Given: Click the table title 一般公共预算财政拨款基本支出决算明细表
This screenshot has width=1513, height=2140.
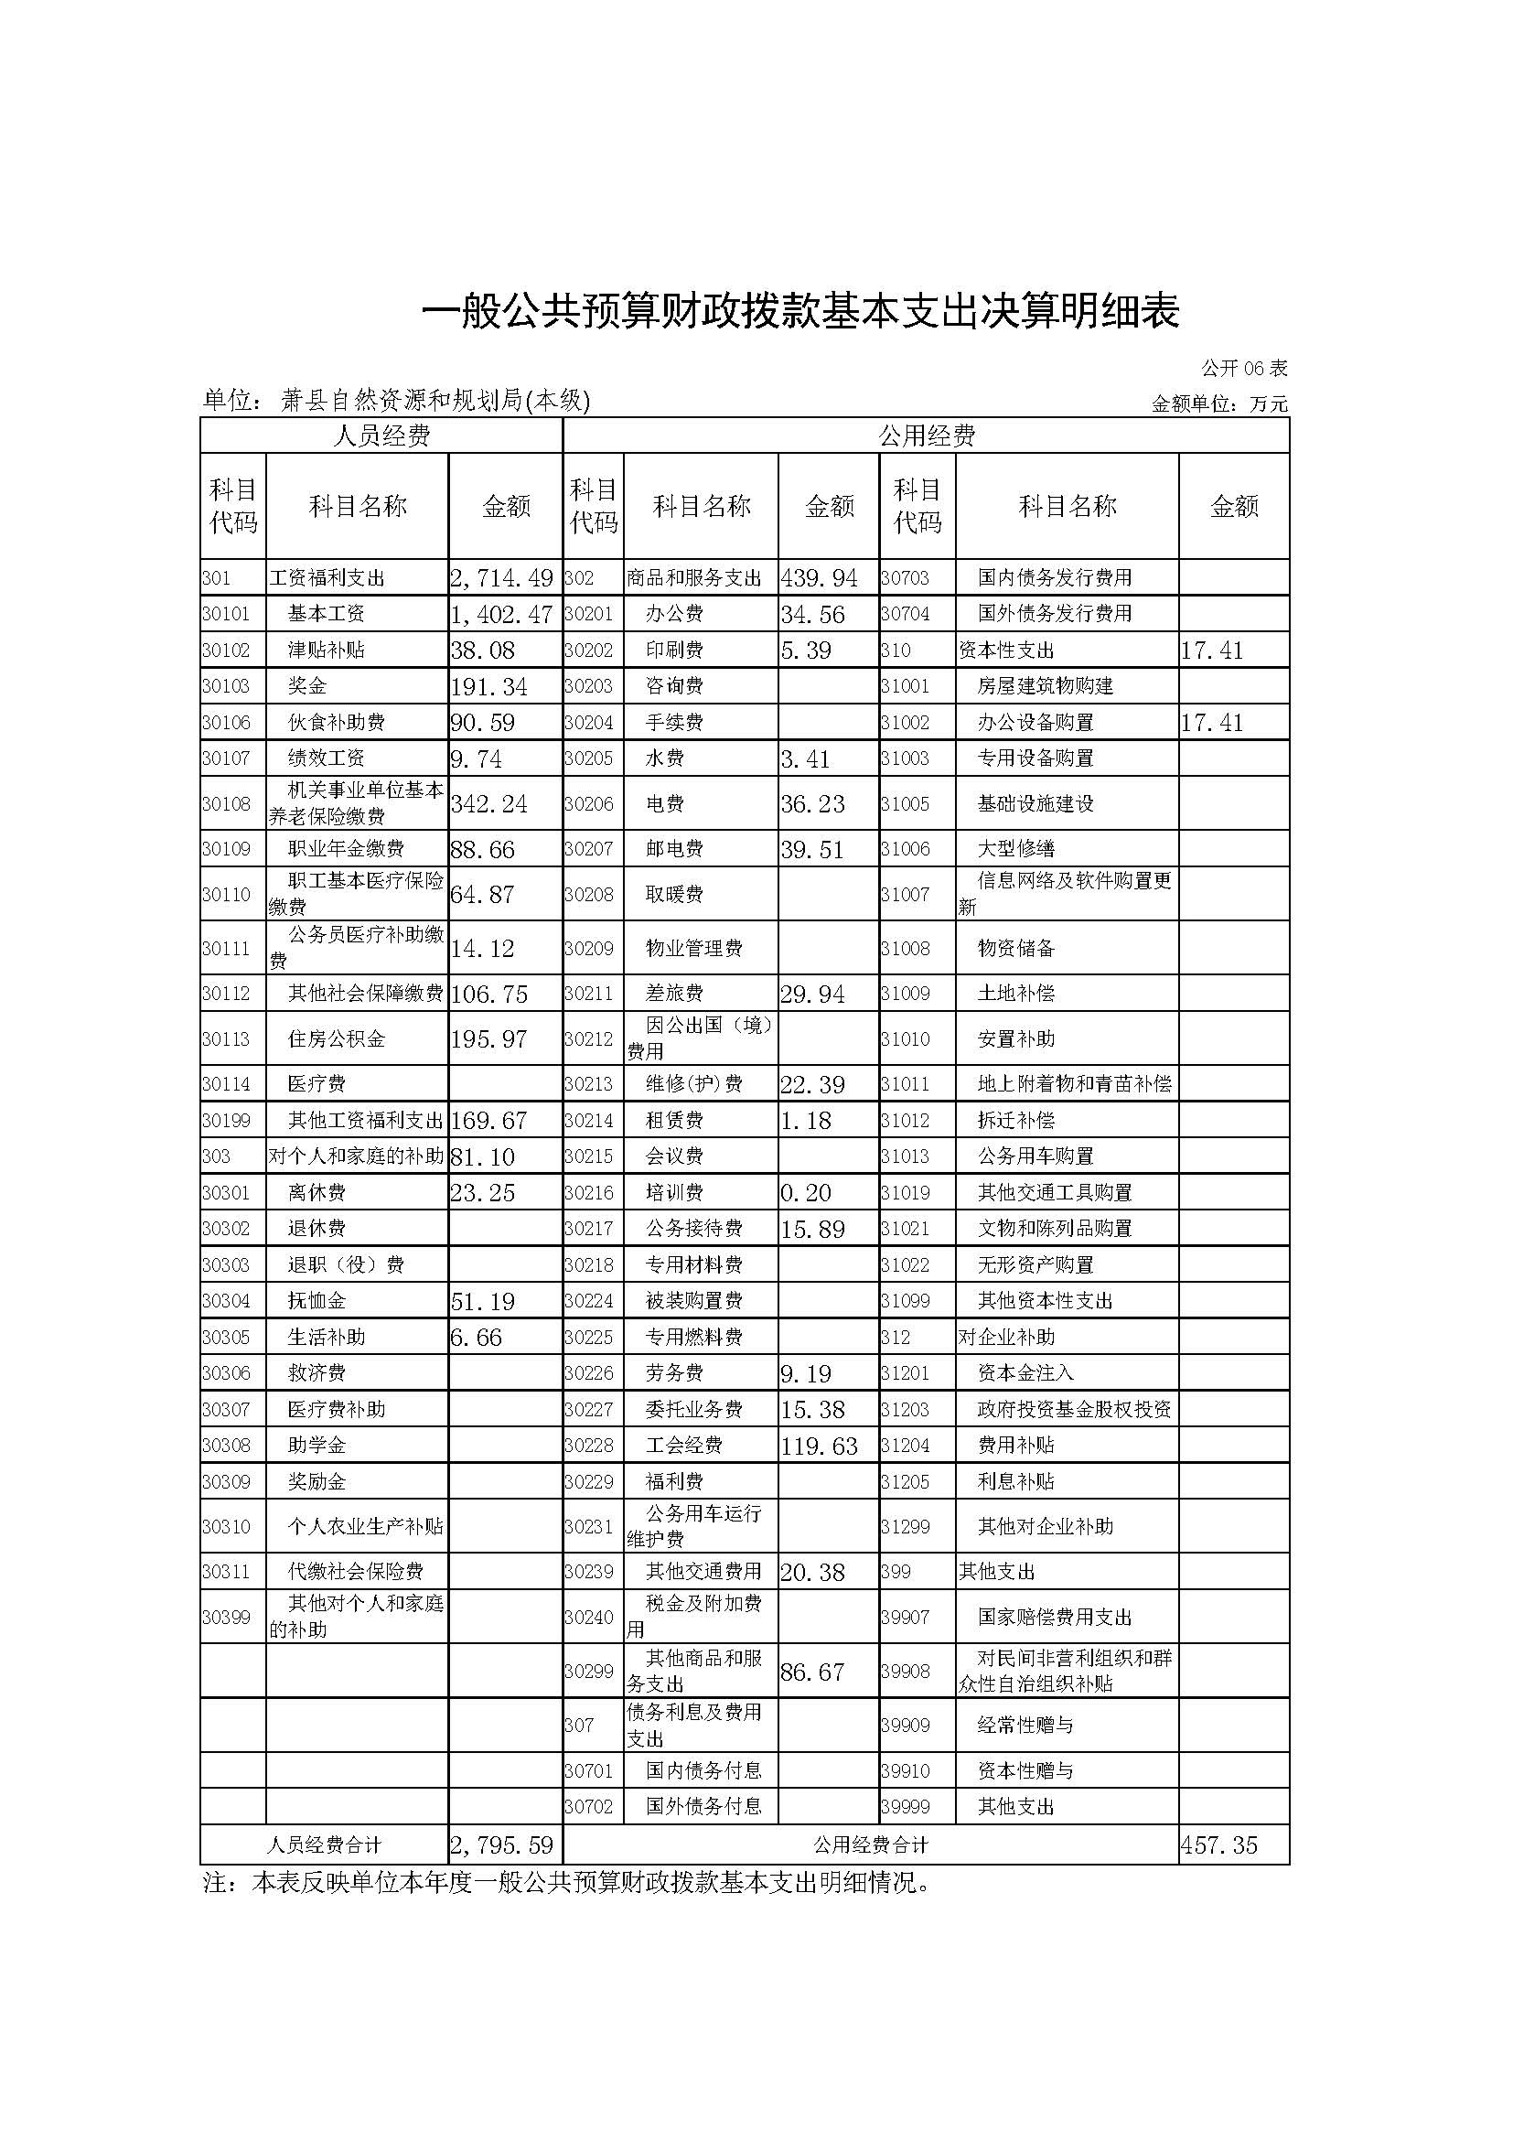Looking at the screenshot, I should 801,312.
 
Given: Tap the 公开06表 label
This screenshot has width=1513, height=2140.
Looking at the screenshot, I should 1244,368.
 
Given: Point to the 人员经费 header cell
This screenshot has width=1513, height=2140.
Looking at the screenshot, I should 381,436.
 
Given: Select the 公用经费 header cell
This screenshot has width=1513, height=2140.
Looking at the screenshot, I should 926,436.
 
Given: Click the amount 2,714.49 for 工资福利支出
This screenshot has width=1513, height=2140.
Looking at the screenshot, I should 502,578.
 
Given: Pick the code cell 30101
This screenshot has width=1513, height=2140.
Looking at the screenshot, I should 226,614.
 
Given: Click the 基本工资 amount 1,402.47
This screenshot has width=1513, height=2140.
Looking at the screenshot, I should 502,614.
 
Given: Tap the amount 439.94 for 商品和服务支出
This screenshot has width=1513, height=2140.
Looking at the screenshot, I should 820,578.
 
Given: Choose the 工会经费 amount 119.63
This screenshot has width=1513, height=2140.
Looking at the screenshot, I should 820,1446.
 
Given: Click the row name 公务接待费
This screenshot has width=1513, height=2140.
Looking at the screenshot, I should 694,1229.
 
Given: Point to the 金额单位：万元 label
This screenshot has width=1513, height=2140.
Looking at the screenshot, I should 1219,403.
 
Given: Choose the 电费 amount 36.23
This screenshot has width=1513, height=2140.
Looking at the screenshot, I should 812,803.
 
